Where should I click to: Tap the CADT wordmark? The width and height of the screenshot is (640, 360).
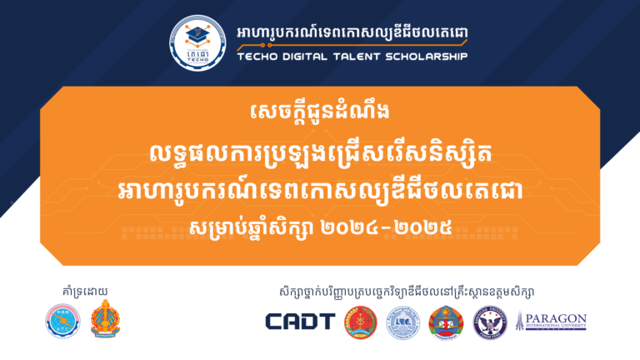coord(300,322)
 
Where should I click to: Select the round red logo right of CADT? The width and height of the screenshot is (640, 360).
coord(361,322)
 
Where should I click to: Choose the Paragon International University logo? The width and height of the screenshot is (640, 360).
coord(551,322)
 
